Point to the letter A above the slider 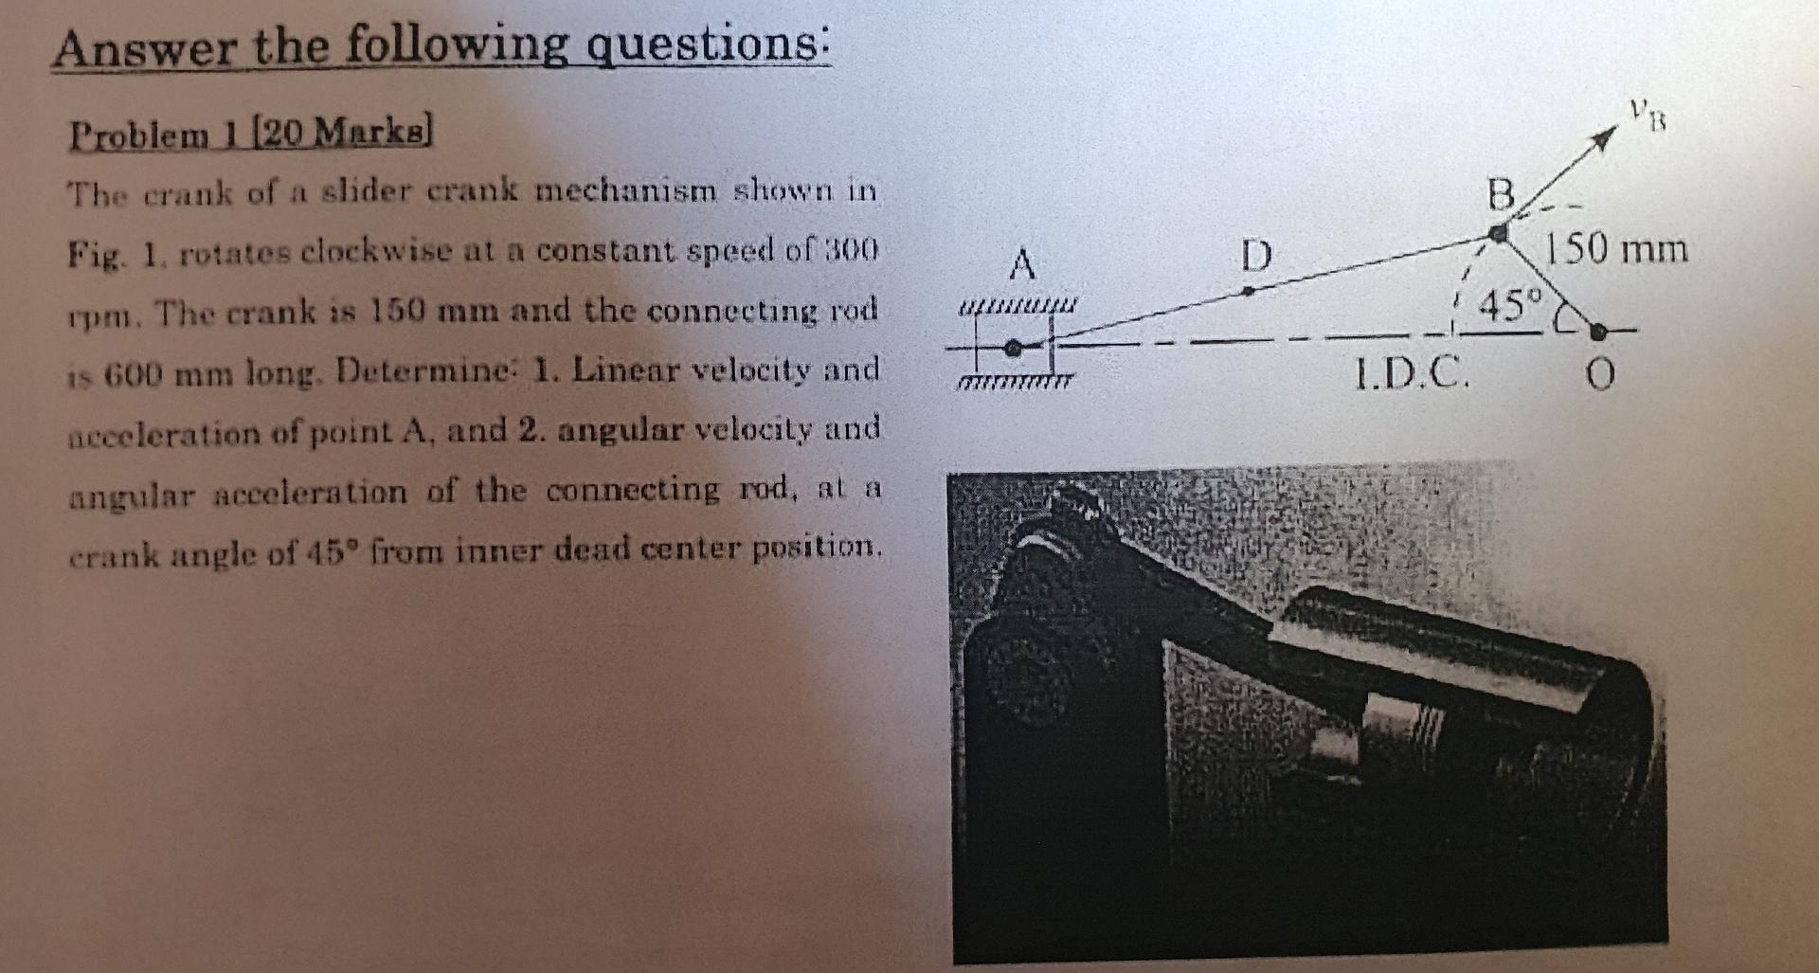tap(1021, 263)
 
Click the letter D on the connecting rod tap(1255, 255)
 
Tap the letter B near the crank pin tap(1501, 196)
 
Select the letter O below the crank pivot tap(1599, 376)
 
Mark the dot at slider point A tap(1013, 348)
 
